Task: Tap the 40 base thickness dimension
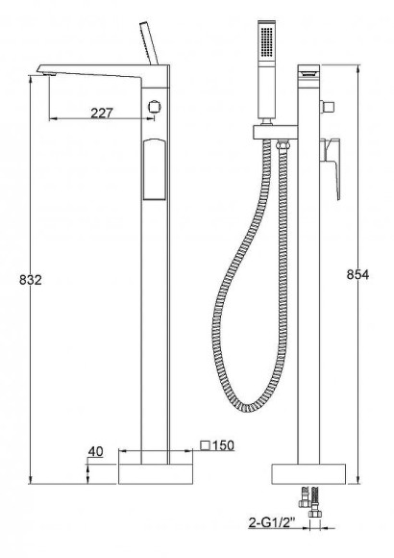pos(95,451)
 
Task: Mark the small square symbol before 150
pos(206,444)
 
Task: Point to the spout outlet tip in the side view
pos(41,67)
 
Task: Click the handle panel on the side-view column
pos(153,169)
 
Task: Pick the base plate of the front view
pos(308,473)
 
